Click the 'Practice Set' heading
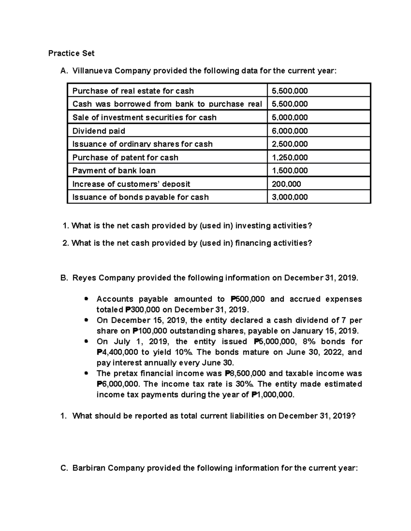coord(71,53)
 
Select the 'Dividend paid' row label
coord(99,131)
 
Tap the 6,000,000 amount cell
coord(289,131)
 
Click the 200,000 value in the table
coord(286,184)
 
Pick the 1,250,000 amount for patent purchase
coord(289,158)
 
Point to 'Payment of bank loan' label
coord(114,171)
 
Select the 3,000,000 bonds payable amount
coord(289,197)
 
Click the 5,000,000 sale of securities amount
coord(289,118)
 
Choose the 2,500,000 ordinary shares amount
coord(289,144)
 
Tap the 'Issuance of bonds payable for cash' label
coord(140,197)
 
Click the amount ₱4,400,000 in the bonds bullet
coord(117,352)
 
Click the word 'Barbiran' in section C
coord(89,468)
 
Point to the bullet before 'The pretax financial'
coord(87,373)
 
